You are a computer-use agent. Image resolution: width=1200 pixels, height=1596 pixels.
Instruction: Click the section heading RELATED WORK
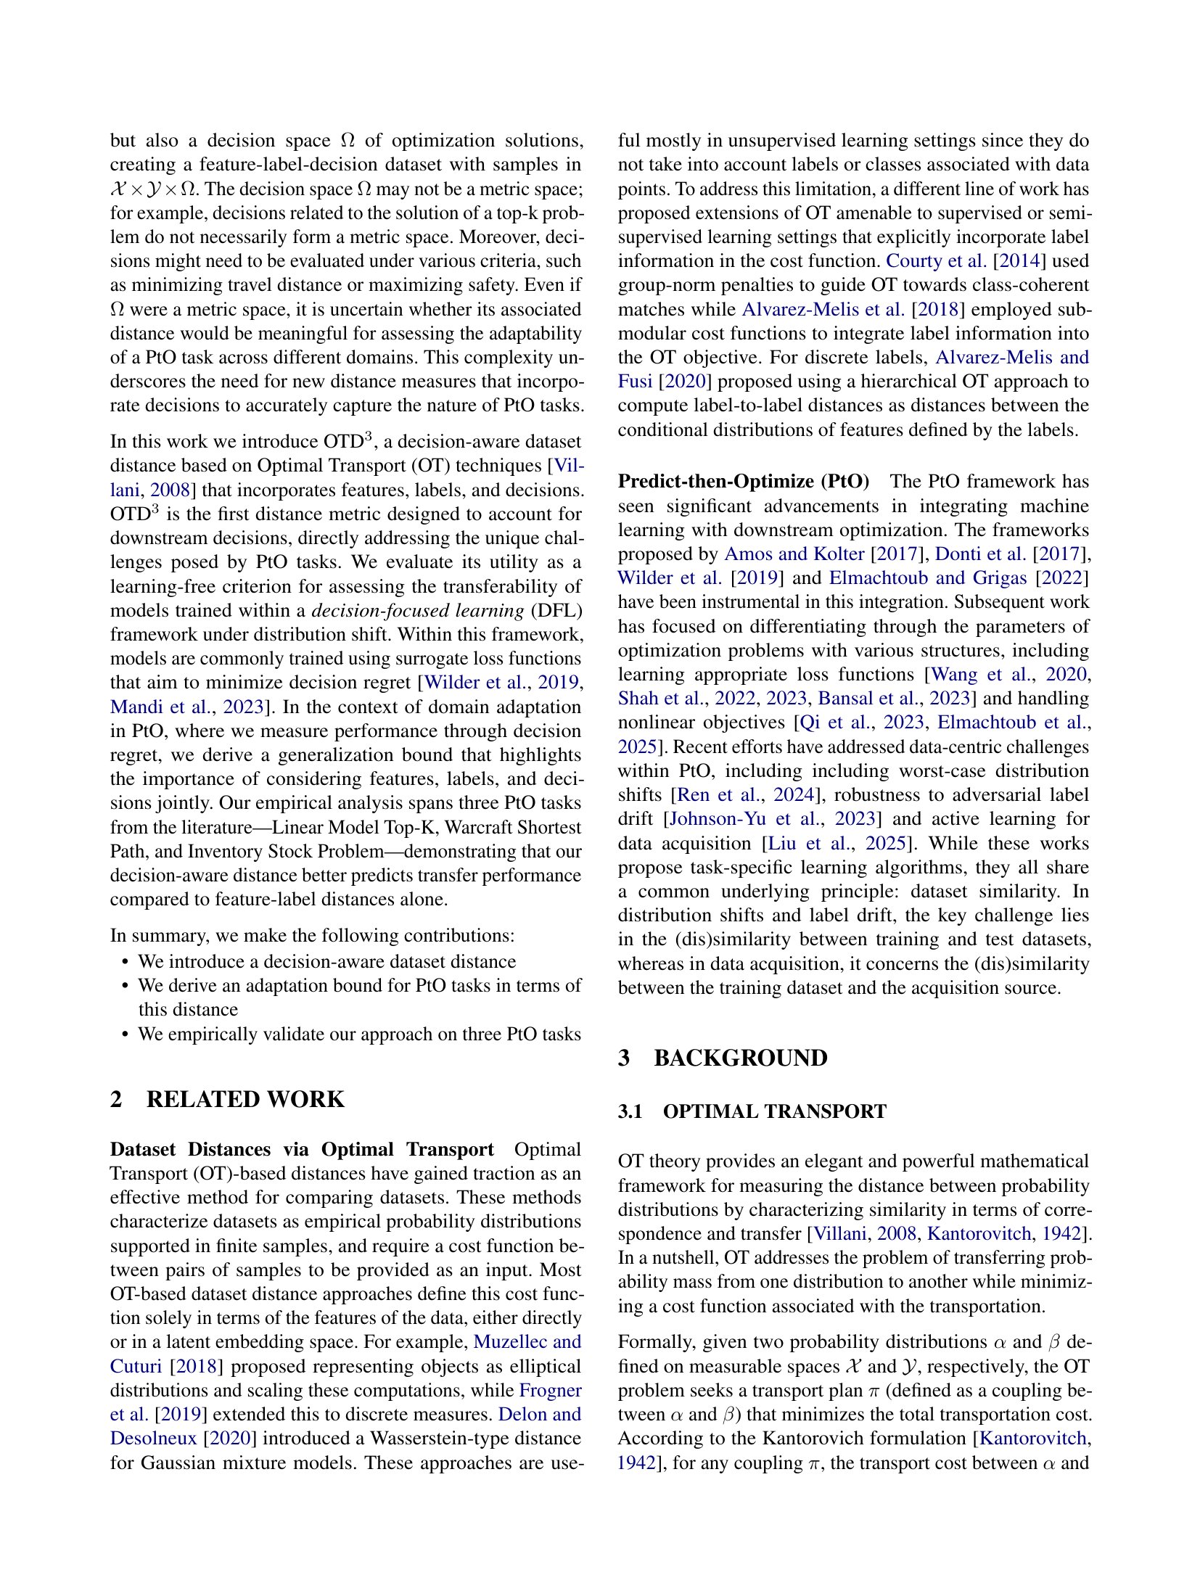pyautogui.click(x=245, y=1099)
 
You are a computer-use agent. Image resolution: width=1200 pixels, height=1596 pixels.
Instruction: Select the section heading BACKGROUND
pyautogui.click(x=740, y=1058)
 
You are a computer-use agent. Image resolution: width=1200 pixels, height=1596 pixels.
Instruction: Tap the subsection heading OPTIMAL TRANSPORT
pyautogui.click(x=774, y=1111)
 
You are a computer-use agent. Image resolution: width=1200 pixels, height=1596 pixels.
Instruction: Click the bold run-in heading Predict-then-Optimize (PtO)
pyautogui.click(x=743, y=482)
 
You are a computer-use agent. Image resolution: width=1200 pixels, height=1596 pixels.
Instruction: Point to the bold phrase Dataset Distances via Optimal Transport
pyautogui.click(x=302, y=1150)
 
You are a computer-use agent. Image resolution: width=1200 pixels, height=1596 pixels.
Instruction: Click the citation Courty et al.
pyautogui.click(x=936, y=261)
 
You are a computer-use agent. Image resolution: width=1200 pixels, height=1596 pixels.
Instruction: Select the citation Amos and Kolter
pyautogui.click(x=794, y=554)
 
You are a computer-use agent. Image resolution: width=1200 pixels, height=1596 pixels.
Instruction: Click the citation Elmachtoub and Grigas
pyautogui.click(x=928, y=578)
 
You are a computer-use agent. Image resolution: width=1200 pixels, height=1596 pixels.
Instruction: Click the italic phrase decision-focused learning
pyautogui.click(x=418, y=611)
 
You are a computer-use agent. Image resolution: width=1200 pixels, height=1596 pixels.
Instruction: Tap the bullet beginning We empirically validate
pyautogui.click(x=359, y=1034)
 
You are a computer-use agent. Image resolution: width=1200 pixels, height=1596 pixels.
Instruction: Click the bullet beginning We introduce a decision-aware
pyautogui.click(x=326, y=961)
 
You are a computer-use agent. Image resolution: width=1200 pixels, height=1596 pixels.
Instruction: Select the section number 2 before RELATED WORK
pyautogui.click(x=116, y=1099)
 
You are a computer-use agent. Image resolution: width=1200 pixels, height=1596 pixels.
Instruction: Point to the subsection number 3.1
pyautogui.click(x=630, y=1111)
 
